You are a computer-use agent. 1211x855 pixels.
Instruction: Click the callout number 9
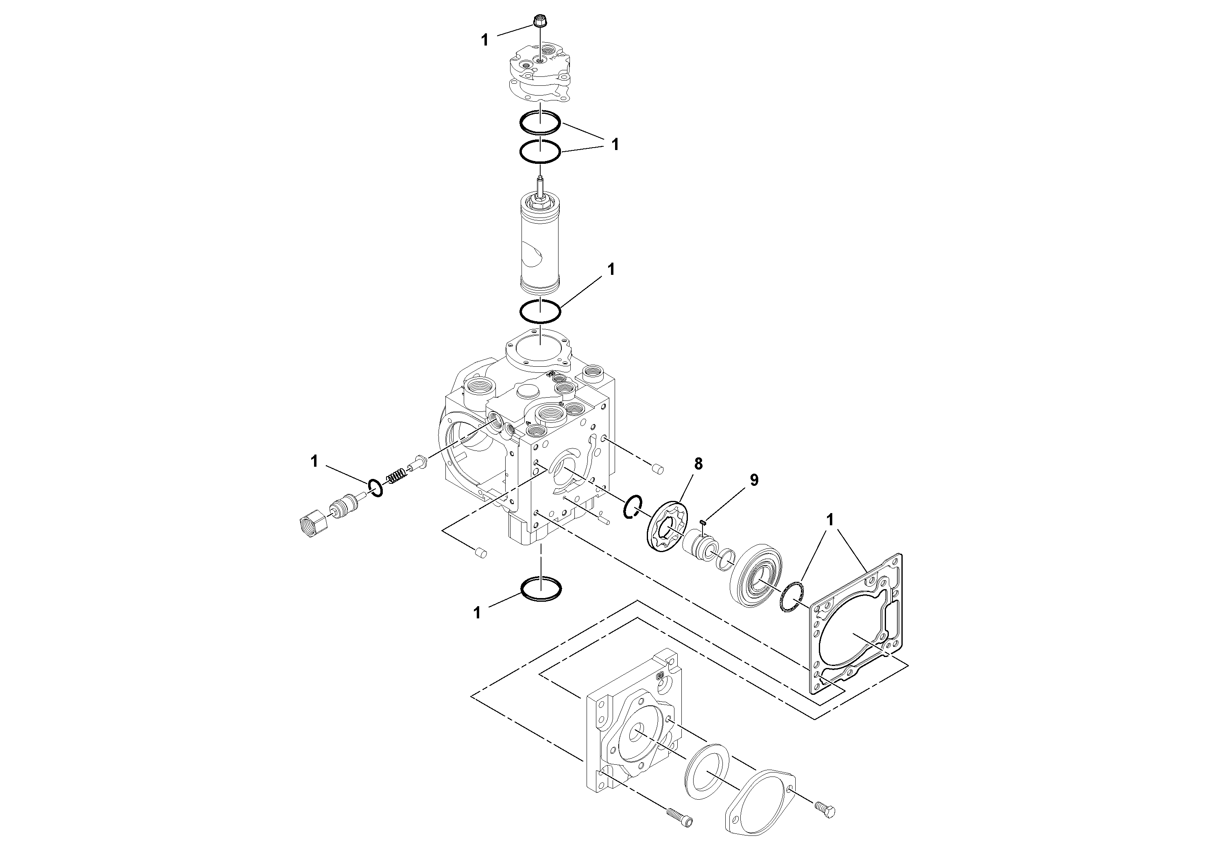[x=754, y=480]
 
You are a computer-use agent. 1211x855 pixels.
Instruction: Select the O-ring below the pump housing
[x=541, y=588]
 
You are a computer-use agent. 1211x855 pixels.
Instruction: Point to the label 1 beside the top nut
[x=485, y=41]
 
